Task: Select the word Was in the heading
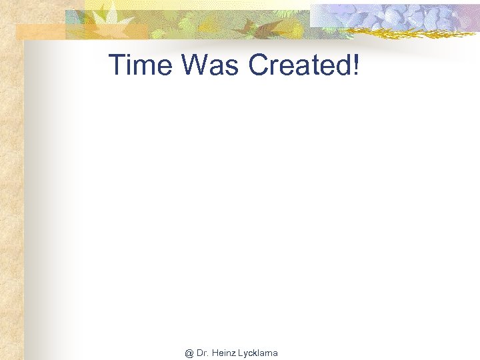(204, 65)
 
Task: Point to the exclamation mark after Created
(355, 65)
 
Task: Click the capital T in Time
(117, 65)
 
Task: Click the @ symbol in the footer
(189, 353)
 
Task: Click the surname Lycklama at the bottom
(258, 353)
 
